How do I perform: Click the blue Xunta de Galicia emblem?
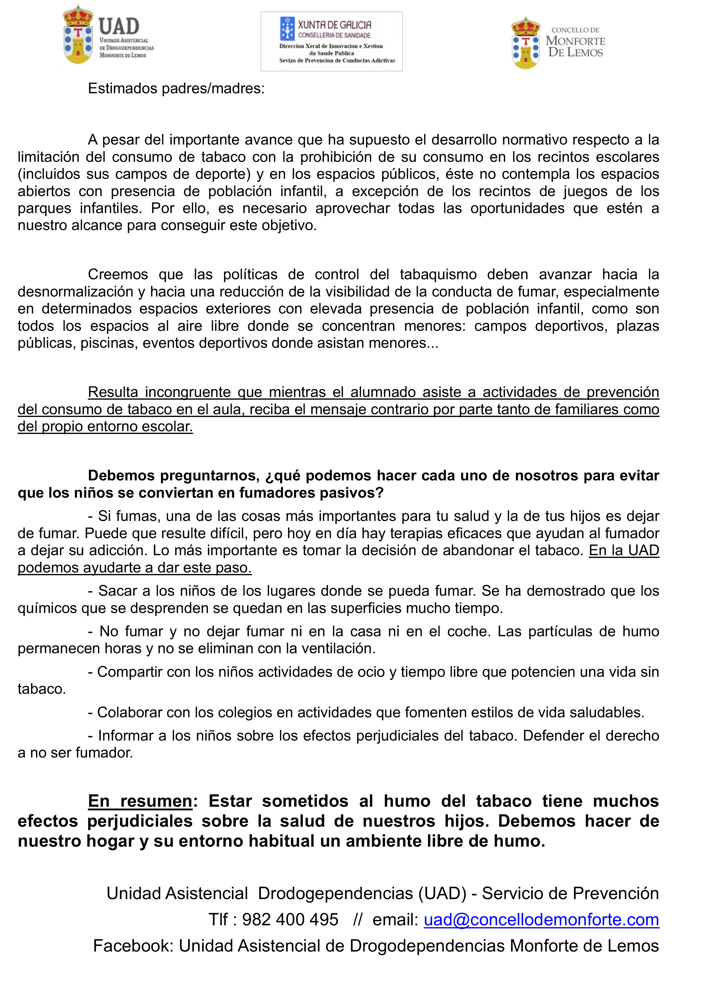287,29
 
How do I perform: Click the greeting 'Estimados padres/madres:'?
176,89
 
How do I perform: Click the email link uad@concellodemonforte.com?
541,920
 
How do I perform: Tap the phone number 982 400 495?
290,920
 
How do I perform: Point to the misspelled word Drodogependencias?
335,893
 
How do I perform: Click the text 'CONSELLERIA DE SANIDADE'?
334,35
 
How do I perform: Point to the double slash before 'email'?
357,920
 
